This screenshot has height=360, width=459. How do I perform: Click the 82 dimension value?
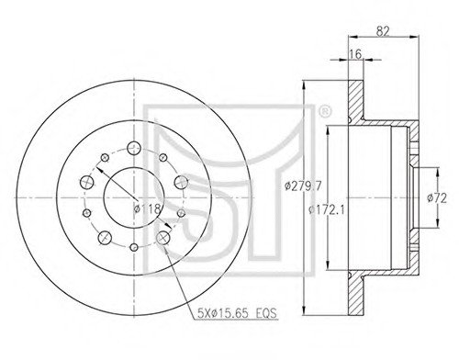(x=383, y=31)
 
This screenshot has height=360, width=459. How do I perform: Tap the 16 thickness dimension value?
(x=356, y=54)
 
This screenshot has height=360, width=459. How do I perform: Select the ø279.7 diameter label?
(x=303, y=186)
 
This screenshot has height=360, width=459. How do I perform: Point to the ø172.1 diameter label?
(x=327, y=210)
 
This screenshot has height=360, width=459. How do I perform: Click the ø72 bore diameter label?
(x=437, y=198)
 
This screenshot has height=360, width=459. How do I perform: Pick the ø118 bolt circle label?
(x=148, y=209)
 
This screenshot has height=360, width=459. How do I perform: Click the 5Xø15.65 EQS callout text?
(x=237, y=313)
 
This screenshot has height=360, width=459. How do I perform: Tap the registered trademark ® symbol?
(x=325, y=112)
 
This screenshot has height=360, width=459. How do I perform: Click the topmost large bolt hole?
(x=134, y=149)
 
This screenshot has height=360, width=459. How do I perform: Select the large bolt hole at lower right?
(x=163, y=237)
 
